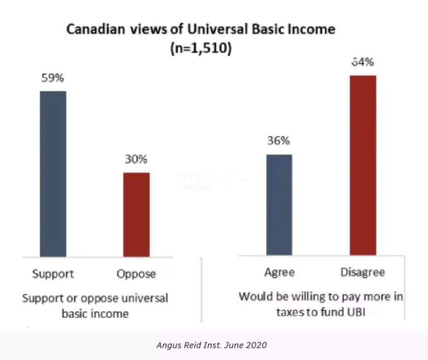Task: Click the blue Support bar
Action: tap(53, 173)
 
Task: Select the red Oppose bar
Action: tap(136, 214)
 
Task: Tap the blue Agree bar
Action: tap(279, 204)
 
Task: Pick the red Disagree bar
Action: tap(363, 165)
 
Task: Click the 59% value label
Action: tap(53, 78)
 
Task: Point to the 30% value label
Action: tap(136, 160)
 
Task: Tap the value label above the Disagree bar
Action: tap(363, 63)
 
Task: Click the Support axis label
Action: tap(53, 273)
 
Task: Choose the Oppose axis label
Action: tap(136, 273)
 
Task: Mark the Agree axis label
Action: tap(279, 272)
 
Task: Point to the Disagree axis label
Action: tap(363, 272)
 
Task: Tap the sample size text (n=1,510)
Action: tap(200, 49)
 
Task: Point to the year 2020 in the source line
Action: tap(256, 345)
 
